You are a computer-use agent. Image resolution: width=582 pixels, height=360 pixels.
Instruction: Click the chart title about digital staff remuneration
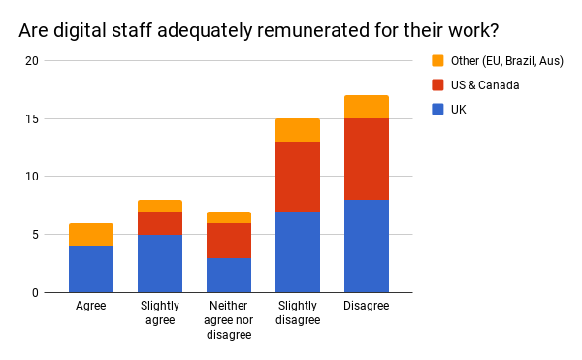tap(258, 30)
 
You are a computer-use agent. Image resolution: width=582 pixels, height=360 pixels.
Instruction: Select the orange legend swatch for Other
tap(436, 62)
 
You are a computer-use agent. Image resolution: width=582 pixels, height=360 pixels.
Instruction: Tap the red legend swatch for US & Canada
tap(436, 85)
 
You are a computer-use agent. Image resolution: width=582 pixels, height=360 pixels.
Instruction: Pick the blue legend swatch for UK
tap(436, 109)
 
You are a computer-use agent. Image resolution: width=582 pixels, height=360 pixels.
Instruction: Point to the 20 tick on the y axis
tap(32, 61)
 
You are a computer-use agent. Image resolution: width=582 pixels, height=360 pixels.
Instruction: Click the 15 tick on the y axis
tap(32, 119)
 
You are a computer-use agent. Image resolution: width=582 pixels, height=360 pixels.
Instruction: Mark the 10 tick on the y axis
tap(32, 177)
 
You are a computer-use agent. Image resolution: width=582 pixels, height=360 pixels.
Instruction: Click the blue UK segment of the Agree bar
tap(91, 269)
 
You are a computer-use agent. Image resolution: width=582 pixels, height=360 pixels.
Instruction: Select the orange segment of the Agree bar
tap(91, 235)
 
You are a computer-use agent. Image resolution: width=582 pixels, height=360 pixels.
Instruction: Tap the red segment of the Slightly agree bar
tap(160, 223)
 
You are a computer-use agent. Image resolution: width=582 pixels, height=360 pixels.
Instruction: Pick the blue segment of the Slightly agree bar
tap(160, 263)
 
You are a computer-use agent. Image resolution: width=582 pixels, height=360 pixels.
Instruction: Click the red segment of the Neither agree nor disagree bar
tap(229, 241)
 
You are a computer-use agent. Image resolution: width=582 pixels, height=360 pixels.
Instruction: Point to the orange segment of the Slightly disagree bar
tap(298, 130)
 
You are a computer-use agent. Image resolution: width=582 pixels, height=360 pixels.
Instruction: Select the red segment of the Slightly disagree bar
tap(298, 177)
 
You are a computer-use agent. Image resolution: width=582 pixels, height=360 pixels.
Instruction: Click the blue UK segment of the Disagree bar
tap(367, 245)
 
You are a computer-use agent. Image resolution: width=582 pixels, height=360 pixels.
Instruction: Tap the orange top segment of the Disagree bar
tap(367, 107)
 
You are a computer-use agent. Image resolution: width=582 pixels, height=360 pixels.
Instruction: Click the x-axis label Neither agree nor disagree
tap(229, 320)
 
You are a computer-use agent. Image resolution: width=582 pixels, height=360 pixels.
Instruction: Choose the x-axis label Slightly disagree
tap(298, 313)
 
